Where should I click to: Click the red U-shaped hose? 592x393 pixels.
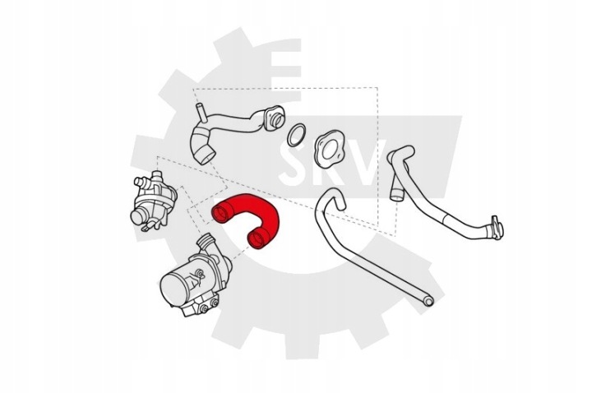266,208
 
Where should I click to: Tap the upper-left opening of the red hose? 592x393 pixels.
220,214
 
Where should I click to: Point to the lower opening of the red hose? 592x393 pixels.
257,239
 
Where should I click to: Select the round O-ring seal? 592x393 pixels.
296,135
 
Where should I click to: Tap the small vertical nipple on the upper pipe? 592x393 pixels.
201,112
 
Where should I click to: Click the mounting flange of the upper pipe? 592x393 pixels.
275,118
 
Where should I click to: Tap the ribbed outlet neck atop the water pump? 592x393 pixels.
208,243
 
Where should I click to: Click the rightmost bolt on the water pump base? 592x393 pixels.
214,302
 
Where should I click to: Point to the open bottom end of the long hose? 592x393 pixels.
428,301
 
